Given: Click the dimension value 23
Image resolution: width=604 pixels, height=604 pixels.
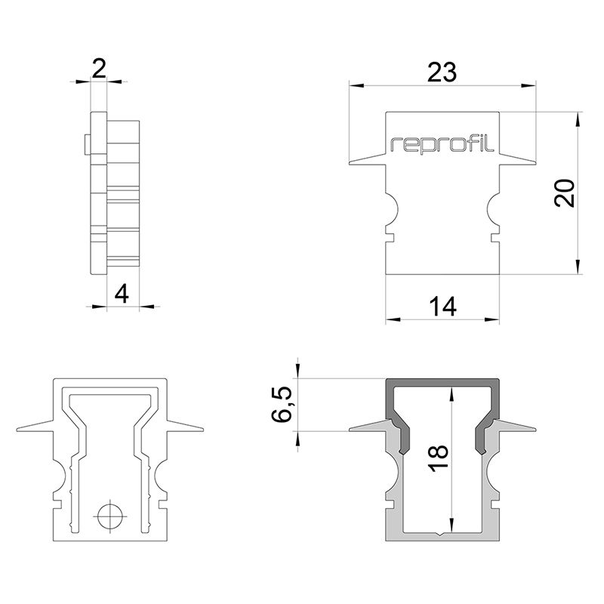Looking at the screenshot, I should click(x=442, y=72).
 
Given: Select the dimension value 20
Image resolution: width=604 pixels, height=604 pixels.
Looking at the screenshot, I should click(x=565, y=193).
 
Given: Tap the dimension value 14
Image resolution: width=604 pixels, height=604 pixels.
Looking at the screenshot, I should click(x=442, y=307).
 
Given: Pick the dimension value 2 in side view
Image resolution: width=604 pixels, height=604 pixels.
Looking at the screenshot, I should click(x=98, y=69).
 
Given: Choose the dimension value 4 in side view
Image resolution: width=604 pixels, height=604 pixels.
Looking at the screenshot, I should click(x=122, y=294).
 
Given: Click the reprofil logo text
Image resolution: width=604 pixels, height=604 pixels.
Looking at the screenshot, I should click(x=442, y=144).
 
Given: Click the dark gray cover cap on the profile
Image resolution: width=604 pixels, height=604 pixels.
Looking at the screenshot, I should click(x=442, y=383).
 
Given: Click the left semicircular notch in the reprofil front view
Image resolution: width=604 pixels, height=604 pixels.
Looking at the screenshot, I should click(x=391, y=209).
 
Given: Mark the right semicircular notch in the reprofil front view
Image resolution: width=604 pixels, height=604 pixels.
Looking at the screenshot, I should click(x=494, y=209).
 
